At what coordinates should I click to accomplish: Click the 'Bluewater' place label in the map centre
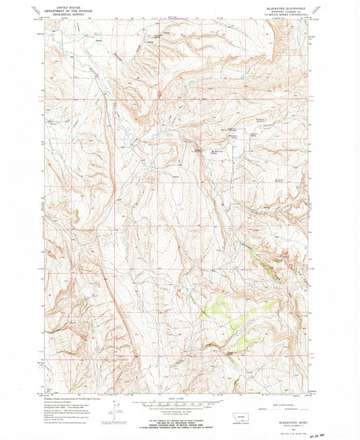198,149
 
